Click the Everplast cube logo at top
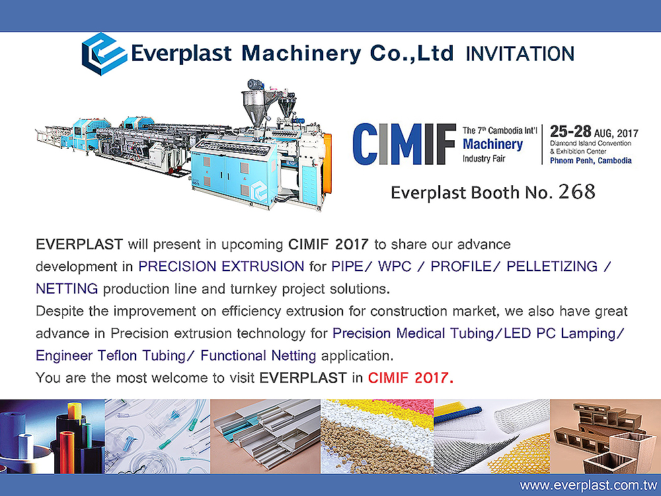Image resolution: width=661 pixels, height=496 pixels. (x=104, y=54)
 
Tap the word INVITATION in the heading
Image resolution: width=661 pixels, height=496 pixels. (x=520, y=54)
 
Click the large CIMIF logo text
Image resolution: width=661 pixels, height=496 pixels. (x=405, y=144)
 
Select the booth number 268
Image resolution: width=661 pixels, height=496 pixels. (x=576, y=192)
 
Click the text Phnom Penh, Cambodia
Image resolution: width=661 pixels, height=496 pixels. (x=590, y=161)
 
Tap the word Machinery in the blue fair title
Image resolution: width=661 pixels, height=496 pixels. (x=493, y=145)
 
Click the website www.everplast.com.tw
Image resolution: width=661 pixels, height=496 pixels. (x=588, y=485)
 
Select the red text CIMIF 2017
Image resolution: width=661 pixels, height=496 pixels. (x=410, y=378)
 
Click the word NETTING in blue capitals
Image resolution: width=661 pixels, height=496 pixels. (x=67, y=289)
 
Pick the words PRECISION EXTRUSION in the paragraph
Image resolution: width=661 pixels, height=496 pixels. (x=221, y=267)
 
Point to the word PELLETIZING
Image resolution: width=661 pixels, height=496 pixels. (x=552, y=267)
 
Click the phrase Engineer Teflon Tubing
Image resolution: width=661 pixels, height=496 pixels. (x=110, y=356)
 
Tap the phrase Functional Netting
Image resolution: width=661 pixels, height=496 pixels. (x=258, y=356)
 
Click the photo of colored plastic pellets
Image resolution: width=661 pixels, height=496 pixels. (x=377, y=436)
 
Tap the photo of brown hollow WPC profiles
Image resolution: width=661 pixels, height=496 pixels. (x=605, y=436)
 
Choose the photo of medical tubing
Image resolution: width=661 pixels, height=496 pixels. (x=157, y=436)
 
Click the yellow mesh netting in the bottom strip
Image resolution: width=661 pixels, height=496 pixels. (x=522, y=454)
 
